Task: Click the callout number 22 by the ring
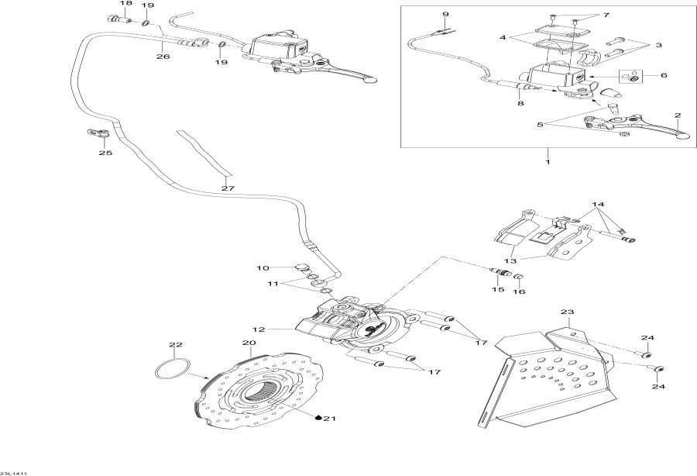click(176, 344)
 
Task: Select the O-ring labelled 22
click(171, 369)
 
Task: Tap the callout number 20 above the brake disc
click(248, 343)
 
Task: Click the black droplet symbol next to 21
click(318, 419)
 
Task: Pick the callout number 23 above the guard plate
click(568, 312)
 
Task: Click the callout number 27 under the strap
click(227, 188)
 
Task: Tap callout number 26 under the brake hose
click(162, 56)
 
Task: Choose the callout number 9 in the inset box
click(445, 15)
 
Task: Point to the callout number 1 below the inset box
click(548, 161)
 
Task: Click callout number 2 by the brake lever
click(678, 116)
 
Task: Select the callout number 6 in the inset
click(662, 75)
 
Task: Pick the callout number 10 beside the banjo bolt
click(263, 268)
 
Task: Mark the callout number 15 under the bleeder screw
click(497, 290)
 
